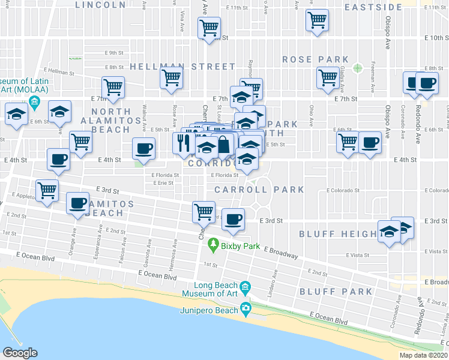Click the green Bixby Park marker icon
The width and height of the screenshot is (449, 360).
212,245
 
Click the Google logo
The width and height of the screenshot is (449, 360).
20,352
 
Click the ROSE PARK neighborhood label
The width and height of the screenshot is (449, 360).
315,59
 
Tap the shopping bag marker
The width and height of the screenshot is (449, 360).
223,144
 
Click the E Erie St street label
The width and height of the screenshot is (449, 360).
162,183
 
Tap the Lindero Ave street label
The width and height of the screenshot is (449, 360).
273,280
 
